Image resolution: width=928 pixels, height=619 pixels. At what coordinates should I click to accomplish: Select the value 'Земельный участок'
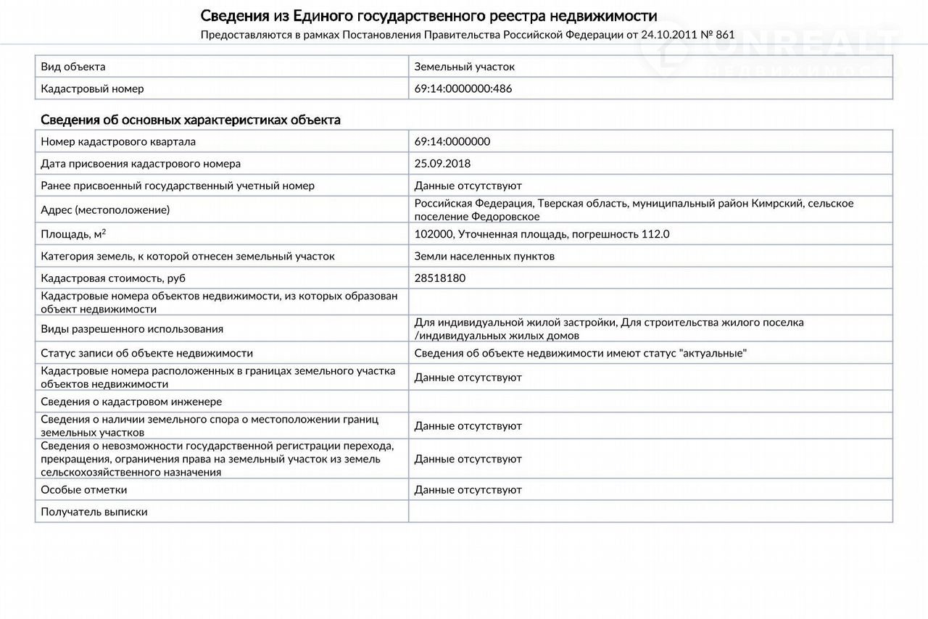point(464,67)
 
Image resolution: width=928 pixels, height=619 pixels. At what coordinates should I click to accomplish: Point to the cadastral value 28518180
point(439,278)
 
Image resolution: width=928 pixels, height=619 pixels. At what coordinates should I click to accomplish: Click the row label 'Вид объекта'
point(73,67)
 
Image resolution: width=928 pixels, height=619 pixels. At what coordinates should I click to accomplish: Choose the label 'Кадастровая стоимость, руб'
point(118,278)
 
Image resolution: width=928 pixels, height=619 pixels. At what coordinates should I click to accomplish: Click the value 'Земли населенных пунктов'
point(484,256)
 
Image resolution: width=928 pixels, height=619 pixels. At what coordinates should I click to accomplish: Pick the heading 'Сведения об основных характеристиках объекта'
point(190,120)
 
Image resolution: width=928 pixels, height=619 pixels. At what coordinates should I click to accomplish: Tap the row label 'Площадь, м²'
point(73,234)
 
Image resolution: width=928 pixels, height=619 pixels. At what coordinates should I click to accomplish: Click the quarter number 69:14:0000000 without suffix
point(452,142)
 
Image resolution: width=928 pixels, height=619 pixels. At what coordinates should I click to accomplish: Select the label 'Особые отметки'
point(84,490)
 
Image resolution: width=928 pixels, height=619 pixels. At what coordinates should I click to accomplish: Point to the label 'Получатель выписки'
point(94,512)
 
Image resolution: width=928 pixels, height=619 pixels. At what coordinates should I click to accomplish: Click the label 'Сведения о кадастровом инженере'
point(131,402)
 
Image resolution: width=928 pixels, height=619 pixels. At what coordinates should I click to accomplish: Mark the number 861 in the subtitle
point(725,34)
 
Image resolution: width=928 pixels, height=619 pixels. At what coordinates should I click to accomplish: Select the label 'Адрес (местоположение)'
point(105,210)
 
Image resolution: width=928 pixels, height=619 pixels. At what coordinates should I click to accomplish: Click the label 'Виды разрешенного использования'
point(132,329)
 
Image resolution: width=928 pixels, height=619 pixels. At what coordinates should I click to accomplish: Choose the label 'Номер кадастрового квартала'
point(118,142)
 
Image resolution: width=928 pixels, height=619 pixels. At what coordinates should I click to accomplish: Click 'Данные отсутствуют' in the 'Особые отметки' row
point(468,490)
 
